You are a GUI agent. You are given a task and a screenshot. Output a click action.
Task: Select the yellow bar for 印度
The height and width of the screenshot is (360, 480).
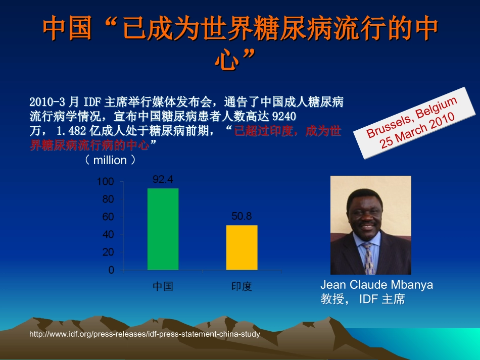click(x=242, y=247)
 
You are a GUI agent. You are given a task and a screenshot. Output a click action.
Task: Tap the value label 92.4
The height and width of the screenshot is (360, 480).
click(x=163, y=179)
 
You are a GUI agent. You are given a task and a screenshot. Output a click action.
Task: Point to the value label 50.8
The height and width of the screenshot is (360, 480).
click(x=242, y=216)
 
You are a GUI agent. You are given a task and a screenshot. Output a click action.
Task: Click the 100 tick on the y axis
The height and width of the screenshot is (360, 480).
click(x=106, y=181)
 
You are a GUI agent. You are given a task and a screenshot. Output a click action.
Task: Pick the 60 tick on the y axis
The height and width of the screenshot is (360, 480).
click(x=108, y=217)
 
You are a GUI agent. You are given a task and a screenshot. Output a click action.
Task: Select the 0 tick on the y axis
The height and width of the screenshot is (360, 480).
click(x=111, y=270)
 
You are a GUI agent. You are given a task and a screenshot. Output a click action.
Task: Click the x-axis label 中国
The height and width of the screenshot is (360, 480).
click(x=163, y=286)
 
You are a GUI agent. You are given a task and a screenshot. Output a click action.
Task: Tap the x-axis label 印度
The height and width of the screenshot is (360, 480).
click(x=242, y=286)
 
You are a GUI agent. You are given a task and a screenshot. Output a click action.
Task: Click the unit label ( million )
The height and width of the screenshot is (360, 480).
click(x=110, y=160)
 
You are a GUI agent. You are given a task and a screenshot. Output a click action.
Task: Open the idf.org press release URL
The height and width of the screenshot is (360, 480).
click(x=145, y=334)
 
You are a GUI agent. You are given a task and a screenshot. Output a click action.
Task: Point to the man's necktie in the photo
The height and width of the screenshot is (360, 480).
click(x=369, y=258)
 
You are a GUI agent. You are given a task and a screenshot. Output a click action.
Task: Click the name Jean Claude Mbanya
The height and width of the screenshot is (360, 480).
click(x=376, y=285)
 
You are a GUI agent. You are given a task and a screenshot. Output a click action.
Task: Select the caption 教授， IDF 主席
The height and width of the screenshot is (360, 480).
click(x=363, y=299)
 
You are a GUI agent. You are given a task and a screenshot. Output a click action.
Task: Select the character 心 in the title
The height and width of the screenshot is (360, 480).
click(x=226, y=59)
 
